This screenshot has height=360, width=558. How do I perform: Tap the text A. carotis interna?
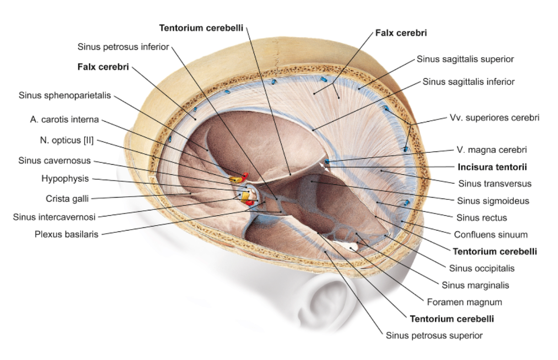tap(65, 120)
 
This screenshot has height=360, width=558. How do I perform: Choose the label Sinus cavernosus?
tap(54, 161)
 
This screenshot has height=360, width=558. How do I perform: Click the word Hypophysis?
tap(65, 178)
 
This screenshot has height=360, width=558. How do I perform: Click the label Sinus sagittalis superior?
tap(465, 59)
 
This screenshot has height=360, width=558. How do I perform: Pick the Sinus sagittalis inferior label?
tap(469, 82)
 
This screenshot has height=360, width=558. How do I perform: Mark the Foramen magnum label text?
tap(465, 302)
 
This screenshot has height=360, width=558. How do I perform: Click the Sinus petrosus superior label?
tap(434, 335)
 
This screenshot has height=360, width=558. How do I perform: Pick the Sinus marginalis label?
tap(475, 285)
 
